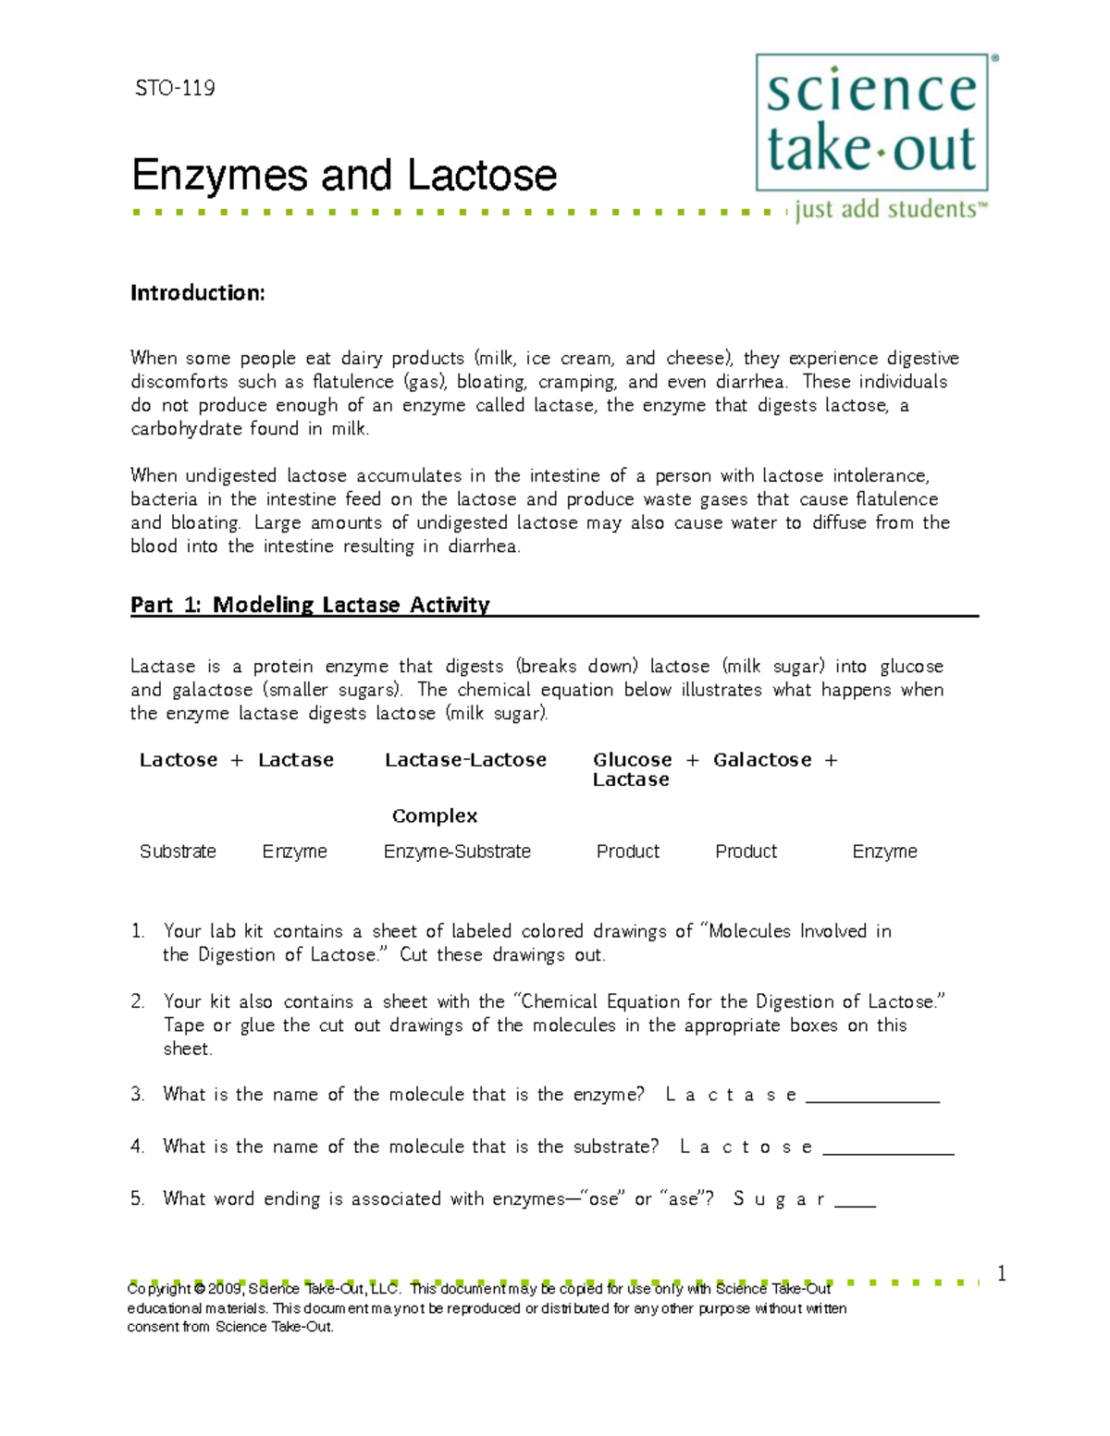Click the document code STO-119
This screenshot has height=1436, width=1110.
(x=175, y=89)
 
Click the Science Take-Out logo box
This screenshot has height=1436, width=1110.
(x=871, y=122)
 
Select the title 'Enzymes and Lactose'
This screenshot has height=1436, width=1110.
(x=344, y=176)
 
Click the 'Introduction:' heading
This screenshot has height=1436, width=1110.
(x=198, y=293)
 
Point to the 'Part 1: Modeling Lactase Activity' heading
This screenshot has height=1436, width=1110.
(x=310, y=605)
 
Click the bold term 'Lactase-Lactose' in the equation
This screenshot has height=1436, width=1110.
(x=465, y=760)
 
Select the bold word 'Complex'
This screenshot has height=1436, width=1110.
(x=435, y=816)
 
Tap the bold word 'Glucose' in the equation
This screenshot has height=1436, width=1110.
(x=633, y=760)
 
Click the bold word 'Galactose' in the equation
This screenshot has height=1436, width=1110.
(x=762, y=760)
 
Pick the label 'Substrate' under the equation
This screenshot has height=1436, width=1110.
(x=178, y=852)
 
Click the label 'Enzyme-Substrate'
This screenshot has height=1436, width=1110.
(x=457, y=852)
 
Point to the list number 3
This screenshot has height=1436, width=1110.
(x=137, y=1095)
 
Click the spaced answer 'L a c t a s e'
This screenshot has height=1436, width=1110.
(x=731, y=1095)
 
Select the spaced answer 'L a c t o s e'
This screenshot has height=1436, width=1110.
(x=746, y=1148)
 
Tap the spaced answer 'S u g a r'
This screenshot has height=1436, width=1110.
(x=779, y=1199)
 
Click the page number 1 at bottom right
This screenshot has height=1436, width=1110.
(x=1001, y=1274)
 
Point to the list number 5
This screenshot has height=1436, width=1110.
(x=137, y=1199)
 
